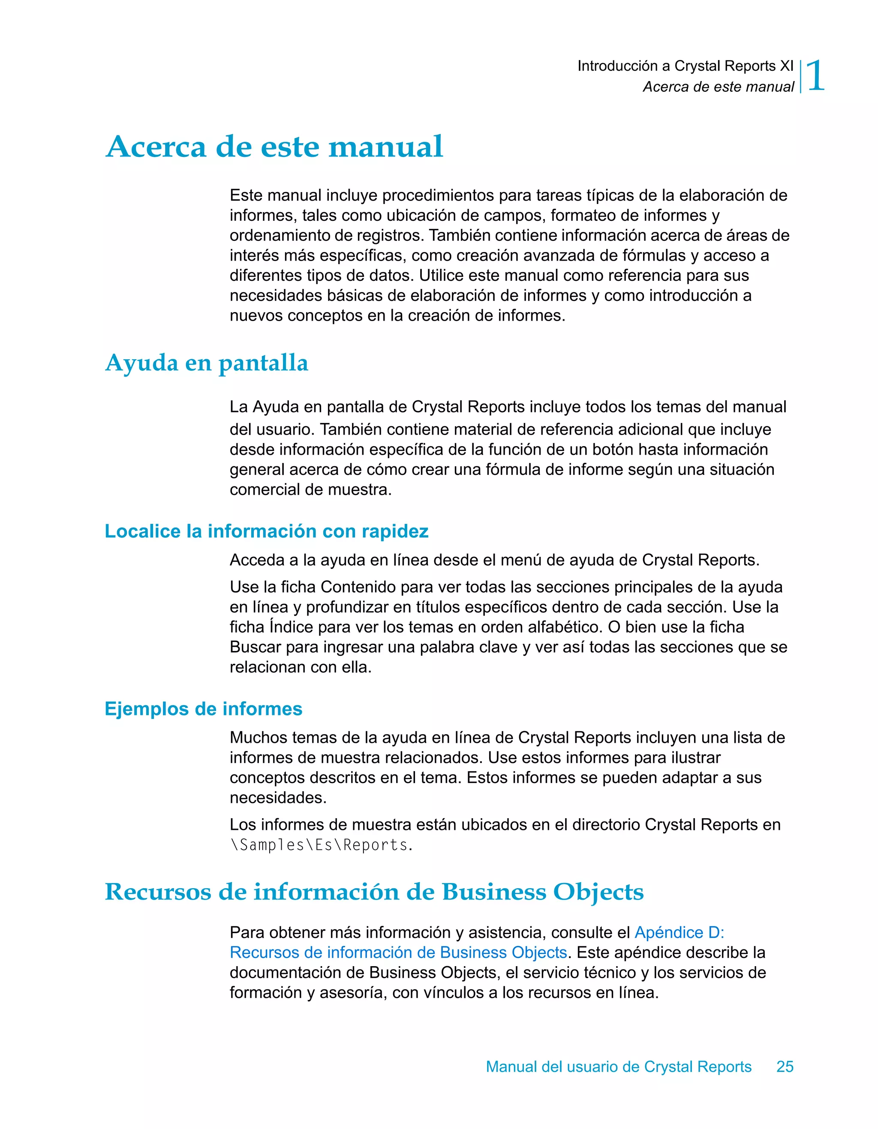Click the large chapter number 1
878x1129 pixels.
815,76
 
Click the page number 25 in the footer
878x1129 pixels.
785,1066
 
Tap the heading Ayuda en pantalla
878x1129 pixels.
206,363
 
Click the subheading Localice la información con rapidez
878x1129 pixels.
266,531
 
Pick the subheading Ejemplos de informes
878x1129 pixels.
203,708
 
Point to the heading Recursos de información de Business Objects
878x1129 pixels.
374,891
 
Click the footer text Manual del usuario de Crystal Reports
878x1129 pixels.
619,1066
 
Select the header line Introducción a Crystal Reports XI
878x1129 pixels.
685,66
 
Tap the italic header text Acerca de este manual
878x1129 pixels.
718,87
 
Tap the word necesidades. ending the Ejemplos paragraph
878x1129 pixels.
278,798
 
